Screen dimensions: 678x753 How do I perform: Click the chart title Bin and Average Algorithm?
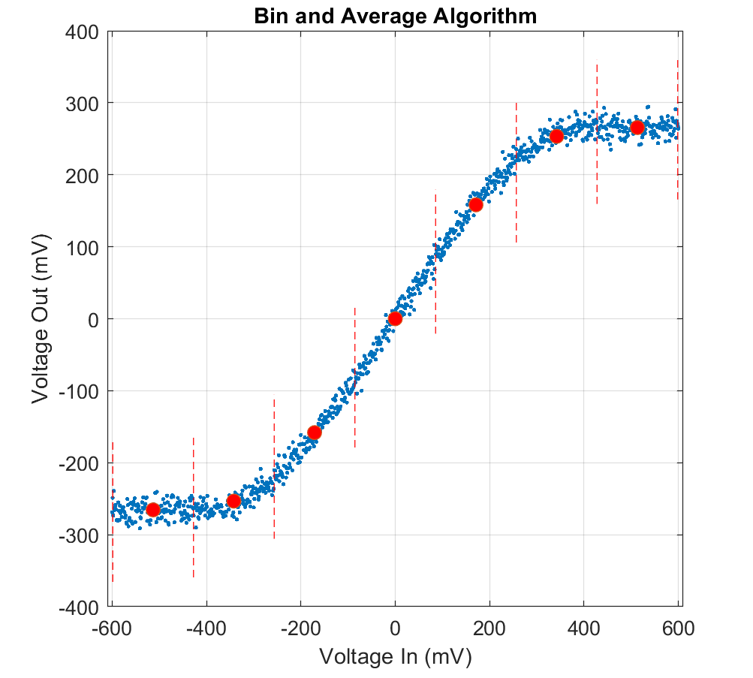click(x=396, y=16)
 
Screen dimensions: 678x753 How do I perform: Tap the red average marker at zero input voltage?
click(x=395, y=318)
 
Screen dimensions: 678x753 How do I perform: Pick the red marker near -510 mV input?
click(x=153, y=510)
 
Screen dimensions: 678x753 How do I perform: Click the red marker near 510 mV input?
click(x=637, y=128)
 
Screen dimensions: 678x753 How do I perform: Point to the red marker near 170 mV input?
click(x=475, y=204)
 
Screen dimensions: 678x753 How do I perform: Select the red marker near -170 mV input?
click(x=315, y=432)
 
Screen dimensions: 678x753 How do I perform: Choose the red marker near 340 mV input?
click(x=556, y=136)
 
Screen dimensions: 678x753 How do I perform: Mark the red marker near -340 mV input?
click(x=233, y=501)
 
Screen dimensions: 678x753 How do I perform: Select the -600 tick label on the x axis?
click(x=110, y=627)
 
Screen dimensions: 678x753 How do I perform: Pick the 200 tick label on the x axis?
click(x=490, y=627)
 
